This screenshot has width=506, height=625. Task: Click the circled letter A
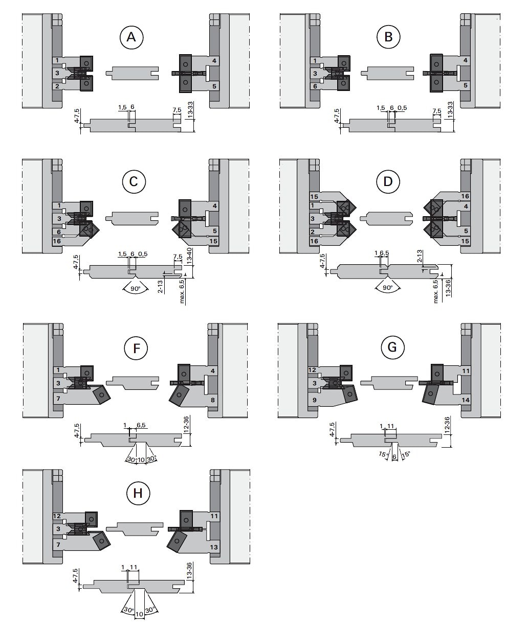pyautogui.click(x=131, y=38)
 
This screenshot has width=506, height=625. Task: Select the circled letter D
pyautogui.click(x=388, y=181)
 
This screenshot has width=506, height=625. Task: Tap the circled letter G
pyautogui.click(x=392, y=348)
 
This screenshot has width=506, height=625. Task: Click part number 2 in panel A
pyautogui.click(x=58, y=86)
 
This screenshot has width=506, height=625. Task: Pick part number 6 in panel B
pyautogui.click(x=315, y=86)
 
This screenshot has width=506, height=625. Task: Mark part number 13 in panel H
pyautogui.click(x=214, y=546)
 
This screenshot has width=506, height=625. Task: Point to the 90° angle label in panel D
pyautogui.click(x=388, y=288)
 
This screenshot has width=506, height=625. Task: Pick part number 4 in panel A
pyautogui.click(x=214, y=61)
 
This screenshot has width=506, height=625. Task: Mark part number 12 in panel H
pyautogui.click(x=57, y=516)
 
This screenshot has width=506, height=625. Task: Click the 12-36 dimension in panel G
pyautogui.click(x=448, y=426)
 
